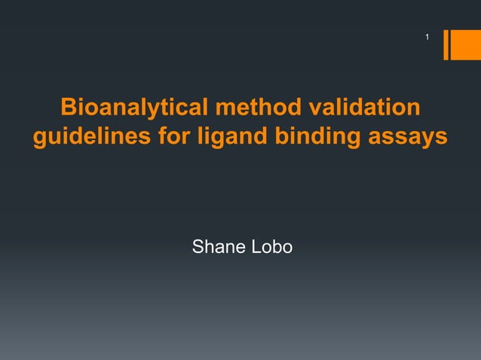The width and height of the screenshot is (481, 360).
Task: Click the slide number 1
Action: (x=427, y=37)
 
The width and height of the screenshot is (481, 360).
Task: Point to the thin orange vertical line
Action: (x=446, y=44)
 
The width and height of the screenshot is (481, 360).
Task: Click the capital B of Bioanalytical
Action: (x=67, y=108)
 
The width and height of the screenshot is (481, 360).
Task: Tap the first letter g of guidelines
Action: (x=39, y=141)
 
